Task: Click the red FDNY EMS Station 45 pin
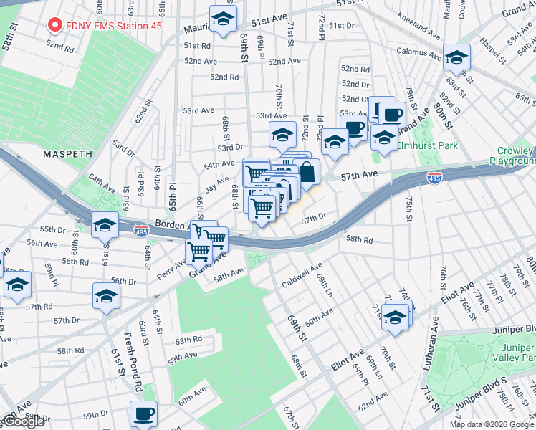pyautogui.click(x=54, y=26)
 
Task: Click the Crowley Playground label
pyautogui.click(x=512, y=156)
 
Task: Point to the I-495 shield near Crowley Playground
pyautogui.click(x=434, y=178)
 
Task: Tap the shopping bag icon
pyautogui.click(x=307, y=172)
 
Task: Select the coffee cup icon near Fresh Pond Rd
pyautogui.click(x=143, y=414)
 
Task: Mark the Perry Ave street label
pyautogui.click(x=171, y=268)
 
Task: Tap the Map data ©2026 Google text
pyautogui.click(x=492, y=424)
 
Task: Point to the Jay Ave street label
pyautogui.click(x=216, y=186)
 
